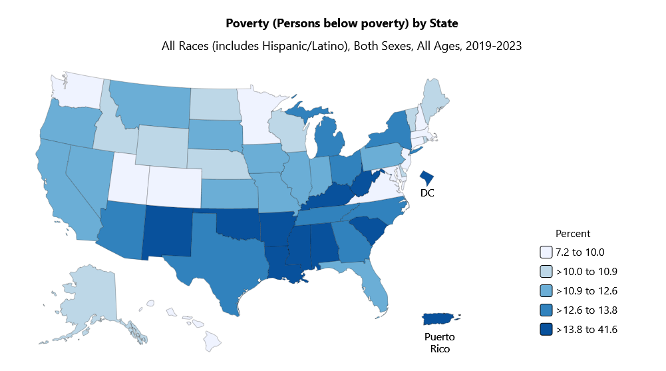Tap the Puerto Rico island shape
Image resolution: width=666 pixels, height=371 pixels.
point(440,320)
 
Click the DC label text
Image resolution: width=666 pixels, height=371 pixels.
point(428,192)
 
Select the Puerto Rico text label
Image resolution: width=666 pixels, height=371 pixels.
point(440,342)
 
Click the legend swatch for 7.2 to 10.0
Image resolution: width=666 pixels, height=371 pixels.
point(546,252)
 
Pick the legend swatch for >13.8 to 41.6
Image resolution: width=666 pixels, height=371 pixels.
point(546,330)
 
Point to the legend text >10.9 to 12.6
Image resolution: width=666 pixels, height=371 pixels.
point(587,291)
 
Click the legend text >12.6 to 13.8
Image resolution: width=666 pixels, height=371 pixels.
point(587,310)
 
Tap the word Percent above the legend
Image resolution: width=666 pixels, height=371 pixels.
point(573,234)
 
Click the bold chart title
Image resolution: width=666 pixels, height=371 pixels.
point(342,24)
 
